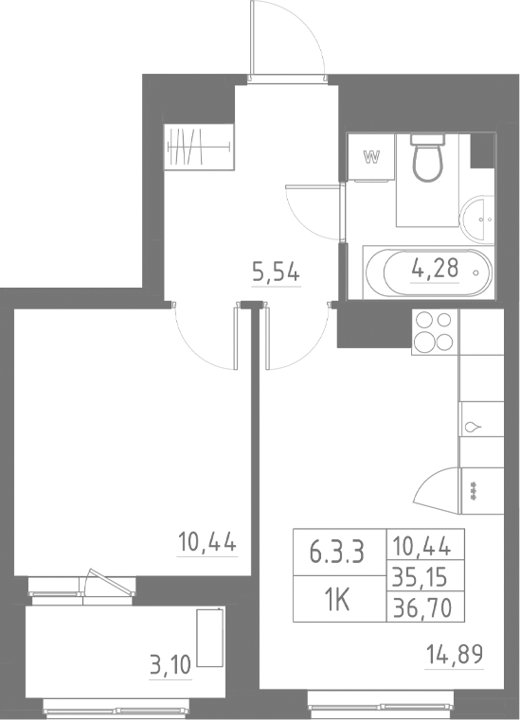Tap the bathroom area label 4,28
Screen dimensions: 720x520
point(434,269)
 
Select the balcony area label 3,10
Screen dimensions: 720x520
point(170,663)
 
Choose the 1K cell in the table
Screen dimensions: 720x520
point(336,598)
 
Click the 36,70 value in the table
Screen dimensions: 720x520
point(427,605)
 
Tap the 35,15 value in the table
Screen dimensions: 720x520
point(427,574)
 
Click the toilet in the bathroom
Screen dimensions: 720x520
point(428,157)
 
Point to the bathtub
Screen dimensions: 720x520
point(427,272)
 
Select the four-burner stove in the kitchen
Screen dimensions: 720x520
point(435,332)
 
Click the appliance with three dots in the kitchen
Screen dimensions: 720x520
point(474,489)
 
